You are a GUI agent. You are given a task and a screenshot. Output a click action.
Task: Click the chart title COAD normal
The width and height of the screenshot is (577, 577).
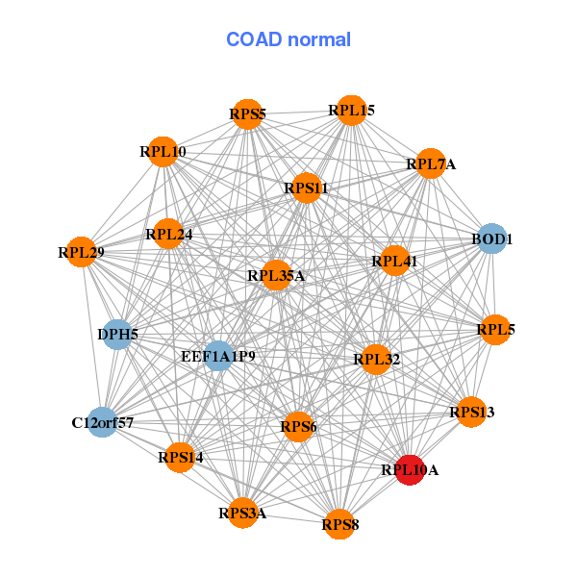[288, 39]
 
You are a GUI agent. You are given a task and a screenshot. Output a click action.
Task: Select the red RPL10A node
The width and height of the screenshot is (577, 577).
[410, 470]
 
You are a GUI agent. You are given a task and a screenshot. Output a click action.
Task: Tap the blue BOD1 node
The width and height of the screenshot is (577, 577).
[491, 238]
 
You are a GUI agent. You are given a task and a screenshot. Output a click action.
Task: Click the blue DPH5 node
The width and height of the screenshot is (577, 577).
[117, 335]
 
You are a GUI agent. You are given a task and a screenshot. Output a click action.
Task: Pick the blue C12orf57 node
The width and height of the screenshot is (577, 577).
[102, 422]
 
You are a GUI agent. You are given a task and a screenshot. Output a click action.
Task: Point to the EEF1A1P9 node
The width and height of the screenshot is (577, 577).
[218, 356]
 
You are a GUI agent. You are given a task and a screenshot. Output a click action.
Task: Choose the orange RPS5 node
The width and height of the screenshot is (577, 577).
[247, 114]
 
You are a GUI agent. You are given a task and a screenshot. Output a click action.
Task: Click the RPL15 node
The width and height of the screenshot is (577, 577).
[351, 111]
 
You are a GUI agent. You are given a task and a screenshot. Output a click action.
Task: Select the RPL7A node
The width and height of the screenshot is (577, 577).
[430, 164]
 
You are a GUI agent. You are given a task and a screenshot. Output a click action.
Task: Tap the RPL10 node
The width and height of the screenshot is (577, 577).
[163, 151]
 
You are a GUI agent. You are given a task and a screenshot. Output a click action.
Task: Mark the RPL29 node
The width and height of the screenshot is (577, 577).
[81, 252]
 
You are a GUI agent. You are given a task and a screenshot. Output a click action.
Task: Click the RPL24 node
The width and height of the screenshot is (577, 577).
[168, 234]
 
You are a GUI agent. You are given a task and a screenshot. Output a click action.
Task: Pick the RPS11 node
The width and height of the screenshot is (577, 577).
[306, 188]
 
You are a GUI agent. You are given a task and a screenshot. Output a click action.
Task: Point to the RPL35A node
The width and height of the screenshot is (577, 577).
[276, 276]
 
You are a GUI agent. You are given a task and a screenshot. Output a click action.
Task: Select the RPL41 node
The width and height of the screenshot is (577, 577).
[394, 260]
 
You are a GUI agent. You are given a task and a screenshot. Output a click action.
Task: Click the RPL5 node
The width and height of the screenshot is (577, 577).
[495, 330]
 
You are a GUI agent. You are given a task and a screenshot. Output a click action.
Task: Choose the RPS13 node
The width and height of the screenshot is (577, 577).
[471, 413]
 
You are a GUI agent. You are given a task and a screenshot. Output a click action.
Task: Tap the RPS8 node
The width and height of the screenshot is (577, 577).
[339, 524]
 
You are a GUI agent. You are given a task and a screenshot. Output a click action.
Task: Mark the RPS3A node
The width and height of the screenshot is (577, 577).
[241, 513]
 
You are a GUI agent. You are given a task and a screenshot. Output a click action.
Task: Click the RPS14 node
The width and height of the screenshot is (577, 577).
[180, 457]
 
